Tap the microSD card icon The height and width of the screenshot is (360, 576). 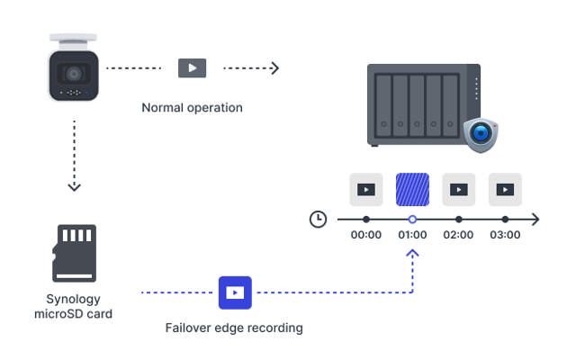(x=74, y=253)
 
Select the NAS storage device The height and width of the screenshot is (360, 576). (x=423, y=104)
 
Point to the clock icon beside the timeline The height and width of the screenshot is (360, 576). (x=318, y=219)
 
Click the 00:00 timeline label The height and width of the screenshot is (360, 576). (x=365, y=235)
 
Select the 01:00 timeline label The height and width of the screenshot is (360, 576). (x=412, y=235)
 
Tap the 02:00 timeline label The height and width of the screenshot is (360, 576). (x=459, y=235)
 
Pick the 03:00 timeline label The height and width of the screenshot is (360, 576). (x=506, y=235)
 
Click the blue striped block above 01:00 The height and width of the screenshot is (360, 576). (x=412, y=189)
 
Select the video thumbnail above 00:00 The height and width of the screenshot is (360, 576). (x=365, y=189)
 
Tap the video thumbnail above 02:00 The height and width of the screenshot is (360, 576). (x=459, y=189)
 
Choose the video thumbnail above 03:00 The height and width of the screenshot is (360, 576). (x=506, y=189)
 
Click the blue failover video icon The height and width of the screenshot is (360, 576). (x=235, y=292)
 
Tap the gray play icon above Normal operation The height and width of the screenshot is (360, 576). (x=192, y=67)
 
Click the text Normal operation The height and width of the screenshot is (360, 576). (x=192, y=108)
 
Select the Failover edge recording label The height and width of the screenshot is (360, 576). (x=234, y=328)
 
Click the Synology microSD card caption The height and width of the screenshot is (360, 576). (x=74, y=306)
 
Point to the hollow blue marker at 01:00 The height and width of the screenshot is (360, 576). (x=412, y=219)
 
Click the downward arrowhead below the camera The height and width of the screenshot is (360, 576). (x=74, y=187)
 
